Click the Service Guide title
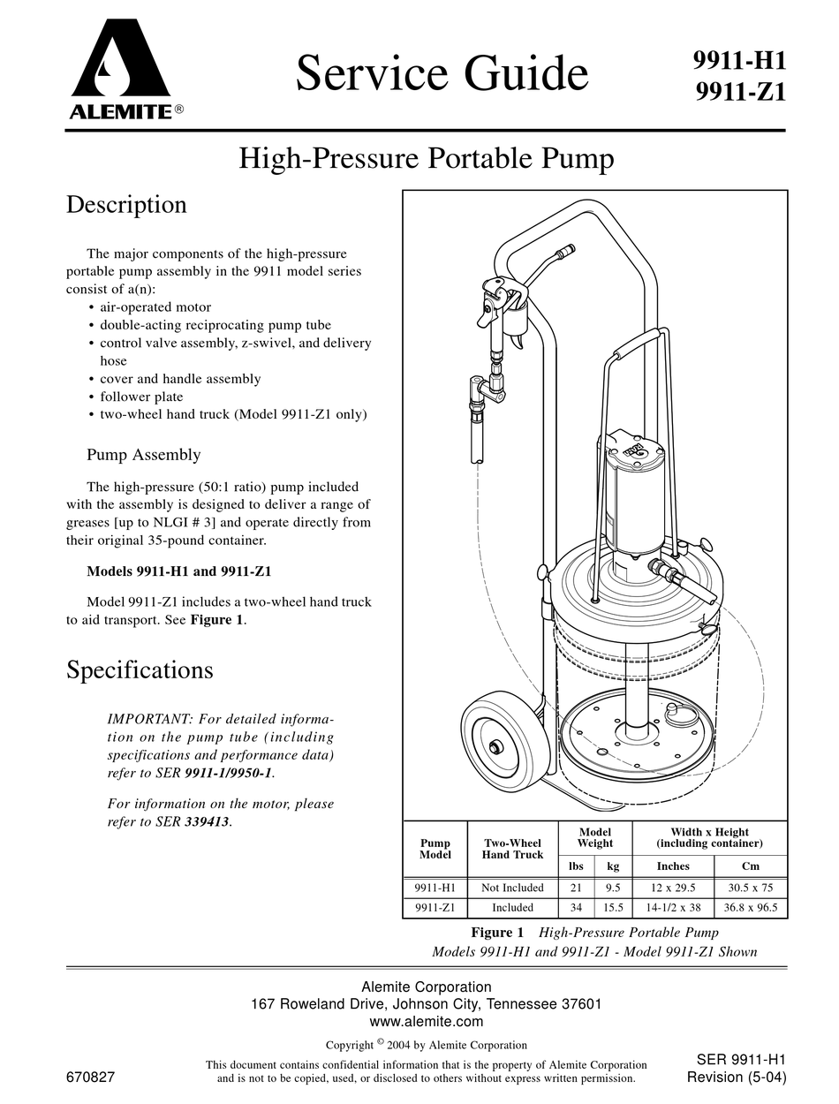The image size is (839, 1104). pos(442,72)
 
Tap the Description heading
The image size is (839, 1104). pos(126,205)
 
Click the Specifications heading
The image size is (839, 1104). pos(140,670)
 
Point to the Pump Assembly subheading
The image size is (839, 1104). pos(143,455)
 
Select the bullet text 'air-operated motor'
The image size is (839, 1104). pos(155,307)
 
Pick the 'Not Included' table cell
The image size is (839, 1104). pos(512,888)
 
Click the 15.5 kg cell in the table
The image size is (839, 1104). pos(613,907)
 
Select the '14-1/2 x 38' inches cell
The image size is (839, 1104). pos(673,907)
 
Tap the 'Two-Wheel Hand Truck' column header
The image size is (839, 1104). pos(512,849)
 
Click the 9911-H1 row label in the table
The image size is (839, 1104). pos(435,888)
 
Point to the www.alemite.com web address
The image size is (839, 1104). pos(427,1022)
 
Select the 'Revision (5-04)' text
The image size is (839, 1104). pos(736,1077)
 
